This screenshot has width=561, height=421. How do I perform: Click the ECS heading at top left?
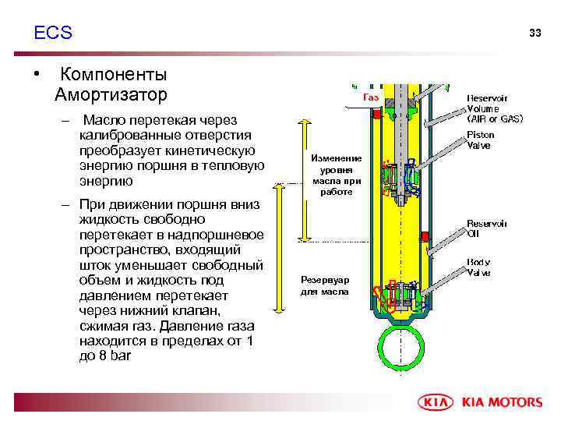[x=53, y=33]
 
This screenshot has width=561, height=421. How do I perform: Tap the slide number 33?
[x=535, y=33]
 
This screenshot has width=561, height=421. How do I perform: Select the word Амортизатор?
[x=111, y=95]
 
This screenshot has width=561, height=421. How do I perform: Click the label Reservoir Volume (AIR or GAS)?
[x=494, y=108]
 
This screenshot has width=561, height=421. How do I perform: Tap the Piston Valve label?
[x=481, y=140]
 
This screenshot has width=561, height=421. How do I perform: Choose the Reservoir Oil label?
[x=487, y=228]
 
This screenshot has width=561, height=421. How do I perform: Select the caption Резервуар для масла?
[x=326, y=285]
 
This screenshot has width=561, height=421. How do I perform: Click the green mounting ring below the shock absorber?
[x=400, y=347]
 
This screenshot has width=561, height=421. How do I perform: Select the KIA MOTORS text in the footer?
[x=503, y=402]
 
